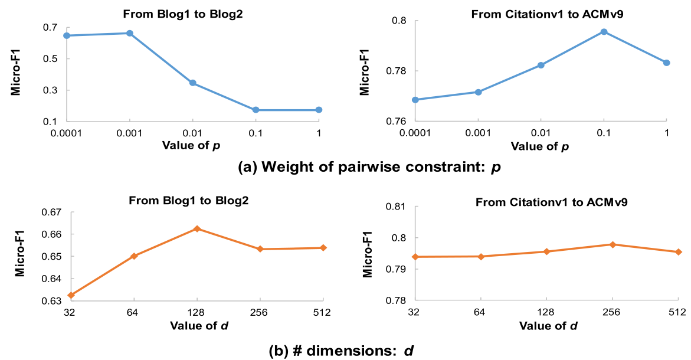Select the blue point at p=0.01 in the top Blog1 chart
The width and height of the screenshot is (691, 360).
[x=192, y=83]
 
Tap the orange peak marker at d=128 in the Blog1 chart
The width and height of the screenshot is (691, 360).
[x=197, y=228]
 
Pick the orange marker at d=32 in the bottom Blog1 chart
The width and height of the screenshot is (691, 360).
[x=71, y=295]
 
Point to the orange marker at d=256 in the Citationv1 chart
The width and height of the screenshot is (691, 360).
[x=613, y=244]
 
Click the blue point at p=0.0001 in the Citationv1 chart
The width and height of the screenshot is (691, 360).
[x=415, y=100]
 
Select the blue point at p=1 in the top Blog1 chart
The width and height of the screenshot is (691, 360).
[x=319, y=110]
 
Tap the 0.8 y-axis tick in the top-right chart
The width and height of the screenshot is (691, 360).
[x=399, y=21]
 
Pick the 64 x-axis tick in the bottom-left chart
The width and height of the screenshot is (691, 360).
[x=134, y=313]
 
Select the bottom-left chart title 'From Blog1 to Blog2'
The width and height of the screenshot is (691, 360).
[x=189, y=200]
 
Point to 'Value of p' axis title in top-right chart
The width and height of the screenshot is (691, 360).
[x=539, y=146]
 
